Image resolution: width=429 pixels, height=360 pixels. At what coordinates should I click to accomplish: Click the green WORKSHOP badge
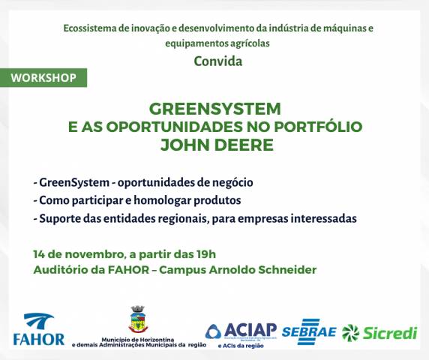43,78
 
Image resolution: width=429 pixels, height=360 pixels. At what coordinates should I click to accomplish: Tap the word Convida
217,61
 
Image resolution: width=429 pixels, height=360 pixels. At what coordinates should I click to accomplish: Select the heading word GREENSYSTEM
214,108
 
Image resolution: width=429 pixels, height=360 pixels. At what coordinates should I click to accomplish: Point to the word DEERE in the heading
243,145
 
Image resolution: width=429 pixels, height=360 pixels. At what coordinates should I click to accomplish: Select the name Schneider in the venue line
288,269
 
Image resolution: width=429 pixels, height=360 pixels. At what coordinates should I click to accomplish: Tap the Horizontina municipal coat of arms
137,319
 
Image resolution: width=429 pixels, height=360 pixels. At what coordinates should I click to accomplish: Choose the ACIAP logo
241,331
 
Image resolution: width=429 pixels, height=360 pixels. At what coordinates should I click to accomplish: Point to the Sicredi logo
379,332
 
